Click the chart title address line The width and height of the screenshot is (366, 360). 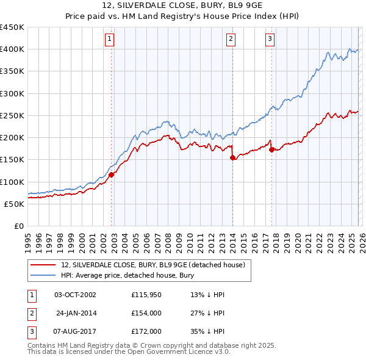click(183, 5)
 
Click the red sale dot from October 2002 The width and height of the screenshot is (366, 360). click(112, 175)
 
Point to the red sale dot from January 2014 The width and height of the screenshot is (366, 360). click(232, 158)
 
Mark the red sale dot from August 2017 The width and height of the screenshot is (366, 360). click(271, 149)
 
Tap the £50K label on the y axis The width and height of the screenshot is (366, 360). click(14, 204)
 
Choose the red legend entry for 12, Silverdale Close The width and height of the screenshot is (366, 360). click(153, 265)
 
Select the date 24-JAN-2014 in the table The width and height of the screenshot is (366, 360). click(76, 312)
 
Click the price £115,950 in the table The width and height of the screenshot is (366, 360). click(146, 295)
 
